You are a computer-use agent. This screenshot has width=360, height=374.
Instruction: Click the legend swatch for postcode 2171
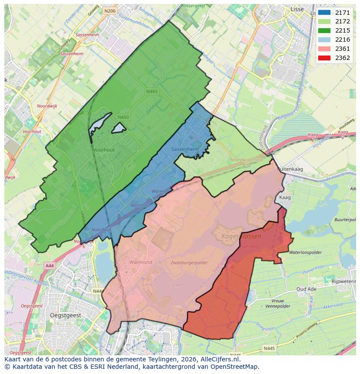324,13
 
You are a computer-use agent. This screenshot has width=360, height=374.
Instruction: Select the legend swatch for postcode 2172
324,22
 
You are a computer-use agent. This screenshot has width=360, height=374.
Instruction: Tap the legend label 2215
343,31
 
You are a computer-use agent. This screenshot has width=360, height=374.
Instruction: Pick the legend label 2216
343,40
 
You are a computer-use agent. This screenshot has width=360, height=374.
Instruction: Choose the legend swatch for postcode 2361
324,49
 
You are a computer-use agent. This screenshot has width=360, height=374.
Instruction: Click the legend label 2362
343,58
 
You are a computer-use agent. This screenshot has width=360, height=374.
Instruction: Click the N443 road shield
152,91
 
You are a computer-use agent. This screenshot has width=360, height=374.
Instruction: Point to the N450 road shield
123,117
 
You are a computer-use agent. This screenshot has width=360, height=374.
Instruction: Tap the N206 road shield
110,11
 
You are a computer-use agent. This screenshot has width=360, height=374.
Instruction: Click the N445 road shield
270,348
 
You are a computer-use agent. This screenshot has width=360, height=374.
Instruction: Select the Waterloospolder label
305,252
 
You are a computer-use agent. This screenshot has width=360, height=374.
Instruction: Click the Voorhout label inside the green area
103,150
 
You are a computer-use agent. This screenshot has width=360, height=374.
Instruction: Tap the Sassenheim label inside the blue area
185,149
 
